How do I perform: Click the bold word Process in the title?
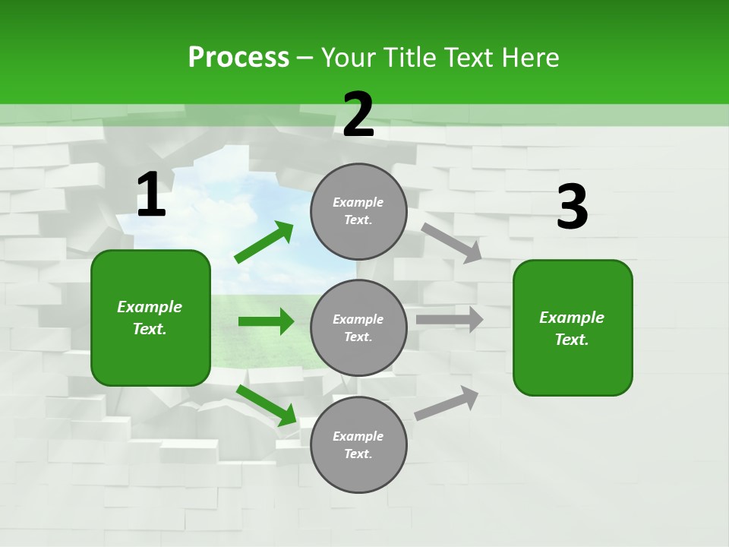tap(238, 58)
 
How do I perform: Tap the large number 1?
tap(151, 195)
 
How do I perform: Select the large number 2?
tap(358, 115)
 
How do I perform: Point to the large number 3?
tap(572, 207)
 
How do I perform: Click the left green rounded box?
tap(150, 318)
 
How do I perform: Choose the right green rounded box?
tap(573, 328)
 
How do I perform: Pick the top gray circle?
tap(358, 211)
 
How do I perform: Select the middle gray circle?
tap(358, 328)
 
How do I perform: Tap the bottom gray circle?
tap(358, 445)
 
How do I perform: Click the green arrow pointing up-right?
tap(264, 242)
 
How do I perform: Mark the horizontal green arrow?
tap(266, 321)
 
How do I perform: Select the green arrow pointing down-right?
tap(267, 406)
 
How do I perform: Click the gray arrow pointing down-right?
tap(452, 242)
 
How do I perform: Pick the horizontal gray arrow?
tap(450, 320)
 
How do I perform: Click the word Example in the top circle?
tap(358, 202)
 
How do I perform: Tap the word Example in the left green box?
tap(150, 307)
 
